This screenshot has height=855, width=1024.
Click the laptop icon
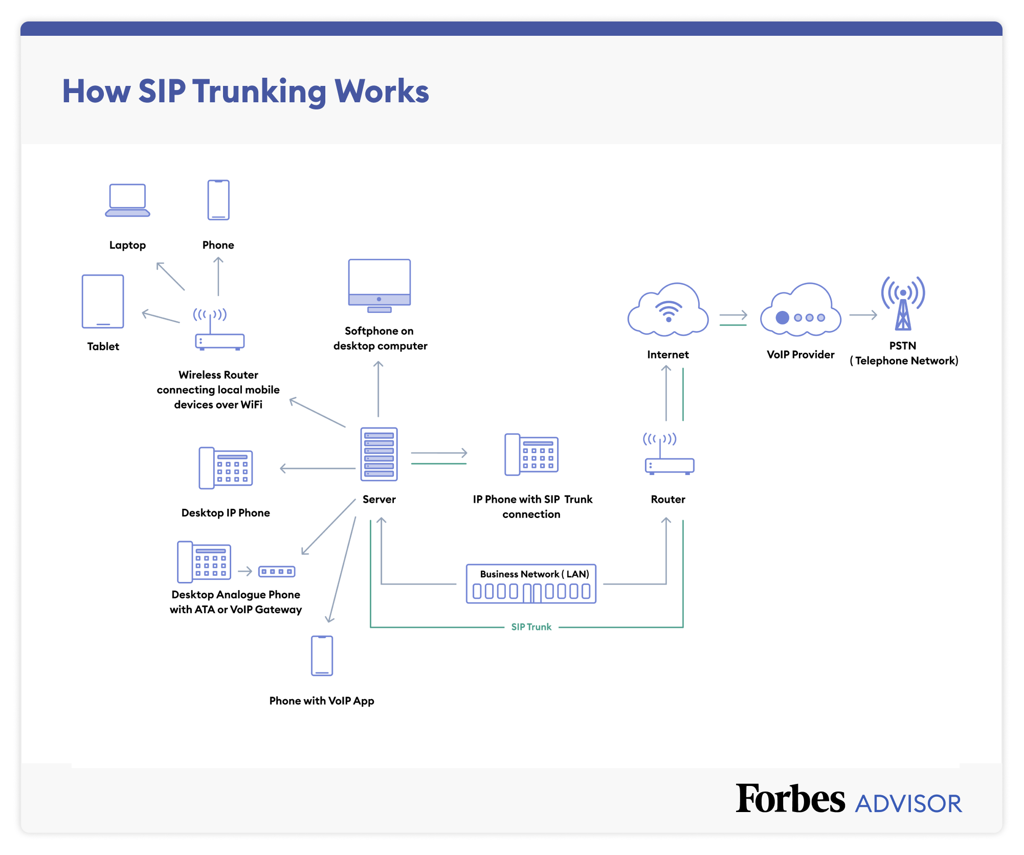pos(127,200)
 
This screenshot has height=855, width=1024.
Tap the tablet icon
pos(103,301)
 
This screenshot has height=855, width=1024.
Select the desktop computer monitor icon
pos(379,285)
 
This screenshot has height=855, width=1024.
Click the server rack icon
pos(379,454)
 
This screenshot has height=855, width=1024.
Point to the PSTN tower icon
pos(903,304)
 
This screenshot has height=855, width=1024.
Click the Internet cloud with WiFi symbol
pos(668,310)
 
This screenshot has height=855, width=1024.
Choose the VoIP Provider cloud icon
pos(800,311)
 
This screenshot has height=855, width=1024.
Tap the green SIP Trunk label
pos(531,627)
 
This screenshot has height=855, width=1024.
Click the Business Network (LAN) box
pos(531,584)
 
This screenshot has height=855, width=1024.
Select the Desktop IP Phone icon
pos(226,468)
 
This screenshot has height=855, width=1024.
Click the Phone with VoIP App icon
pos(322,656)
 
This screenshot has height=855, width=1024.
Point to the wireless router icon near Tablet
pos(219,330)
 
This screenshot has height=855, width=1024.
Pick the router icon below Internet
pos(669,455)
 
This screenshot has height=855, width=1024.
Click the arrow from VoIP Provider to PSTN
pos(863,315)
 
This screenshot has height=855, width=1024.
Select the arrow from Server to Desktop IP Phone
pos(317,468)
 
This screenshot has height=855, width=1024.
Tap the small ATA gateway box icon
pos(277,571)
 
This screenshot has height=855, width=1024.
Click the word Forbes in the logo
pos(790,799)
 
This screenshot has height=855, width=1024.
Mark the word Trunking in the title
pos(259,92)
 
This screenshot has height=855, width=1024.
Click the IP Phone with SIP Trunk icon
pos(531,455)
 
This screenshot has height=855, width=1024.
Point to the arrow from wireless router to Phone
pos(218,276)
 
